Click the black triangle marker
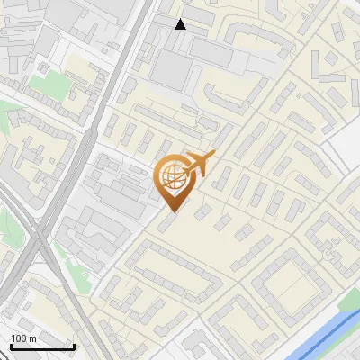[x=181, y=24]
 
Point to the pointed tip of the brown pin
[x=171, y=211]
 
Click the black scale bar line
[x=42, y=346]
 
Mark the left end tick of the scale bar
[x=11, y=345]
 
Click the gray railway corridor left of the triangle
[x=126, y=54]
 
